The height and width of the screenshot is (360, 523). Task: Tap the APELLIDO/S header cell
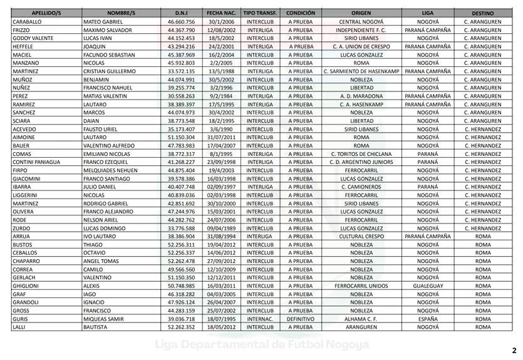click(x=45, y=13)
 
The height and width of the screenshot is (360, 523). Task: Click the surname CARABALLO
click(x=27, y=21)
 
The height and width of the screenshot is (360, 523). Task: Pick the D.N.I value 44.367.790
click(x=182, y=29)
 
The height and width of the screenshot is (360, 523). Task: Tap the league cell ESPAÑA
click(x=428, y=319)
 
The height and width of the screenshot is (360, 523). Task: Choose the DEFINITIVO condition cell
click(x=301, y=319)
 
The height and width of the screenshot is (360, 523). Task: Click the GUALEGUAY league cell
click(x=428, y=285)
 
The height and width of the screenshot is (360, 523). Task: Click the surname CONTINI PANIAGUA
click(x=36, y=162)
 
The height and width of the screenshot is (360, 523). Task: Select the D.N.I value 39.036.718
click(x=182, y=319)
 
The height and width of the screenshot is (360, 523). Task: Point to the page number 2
click(x=514, y=351)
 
